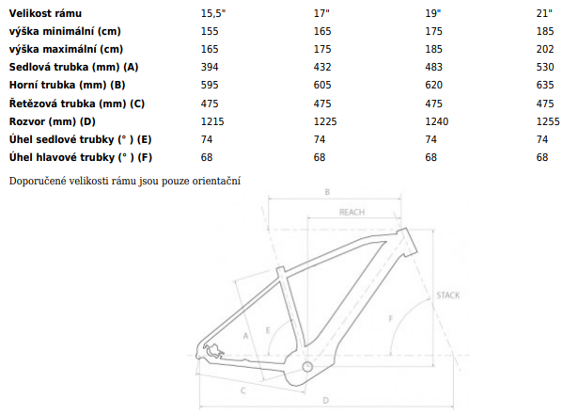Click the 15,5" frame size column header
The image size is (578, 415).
(213, 14)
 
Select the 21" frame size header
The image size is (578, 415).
(544, 14)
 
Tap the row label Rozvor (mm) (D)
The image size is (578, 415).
(53, 121)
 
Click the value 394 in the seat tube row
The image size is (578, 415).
(210, 67)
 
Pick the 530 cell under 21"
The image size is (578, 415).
(545, 67)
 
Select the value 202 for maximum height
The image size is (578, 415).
(545, 49)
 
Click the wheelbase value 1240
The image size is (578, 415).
(437, 121)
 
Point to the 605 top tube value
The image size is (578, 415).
(322, 85)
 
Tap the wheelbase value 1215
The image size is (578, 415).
(212, 121)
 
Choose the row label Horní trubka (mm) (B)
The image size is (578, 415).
(67, 85)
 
